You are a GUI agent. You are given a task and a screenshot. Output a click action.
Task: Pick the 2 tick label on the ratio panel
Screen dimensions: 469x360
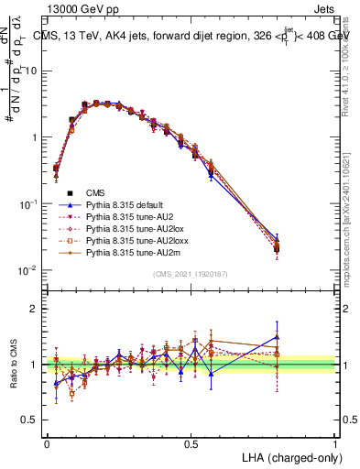coord(34,309)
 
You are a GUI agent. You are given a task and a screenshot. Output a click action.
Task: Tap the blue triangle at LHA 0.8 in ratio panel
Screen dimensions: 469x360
coord(277,336)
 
